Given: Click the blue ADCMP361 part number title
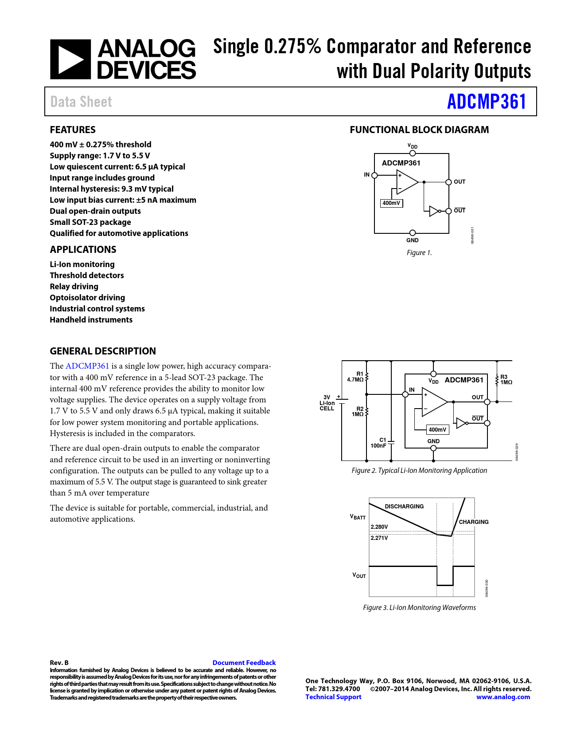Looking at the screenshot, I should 486,102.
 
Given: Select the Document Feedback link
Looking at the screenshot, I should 244,662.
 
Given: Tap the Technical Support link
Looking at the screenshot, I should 333,697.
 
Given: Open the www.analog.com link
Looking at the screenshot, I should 503,697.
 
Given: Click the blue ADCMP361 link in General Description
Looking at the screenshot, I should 87,366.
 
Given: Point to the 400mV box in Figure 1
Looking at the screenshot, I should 391,203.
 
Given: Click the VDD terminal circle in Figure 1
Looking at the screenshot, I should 413,153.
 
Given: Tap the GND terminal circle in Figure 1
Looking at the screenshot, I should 413,233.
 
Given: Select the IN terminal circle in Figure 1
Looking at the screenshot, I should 374,175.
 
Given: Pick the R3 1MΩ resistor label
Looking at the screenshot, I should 506,379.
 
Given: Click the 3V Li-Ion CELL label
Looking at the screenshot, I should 327,403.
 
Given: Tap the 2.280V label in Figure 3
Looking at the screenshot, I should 379,527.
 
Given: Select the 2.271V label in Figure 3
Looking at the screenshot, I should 379,538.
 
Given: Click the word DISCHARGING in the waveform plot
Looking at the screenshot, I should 404,507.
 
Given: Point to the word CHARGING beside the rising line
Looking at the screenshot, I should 474,522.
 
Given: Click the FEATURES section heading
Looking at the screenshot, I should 73,130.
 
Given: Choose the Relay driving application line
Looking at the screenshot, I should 74,287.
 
